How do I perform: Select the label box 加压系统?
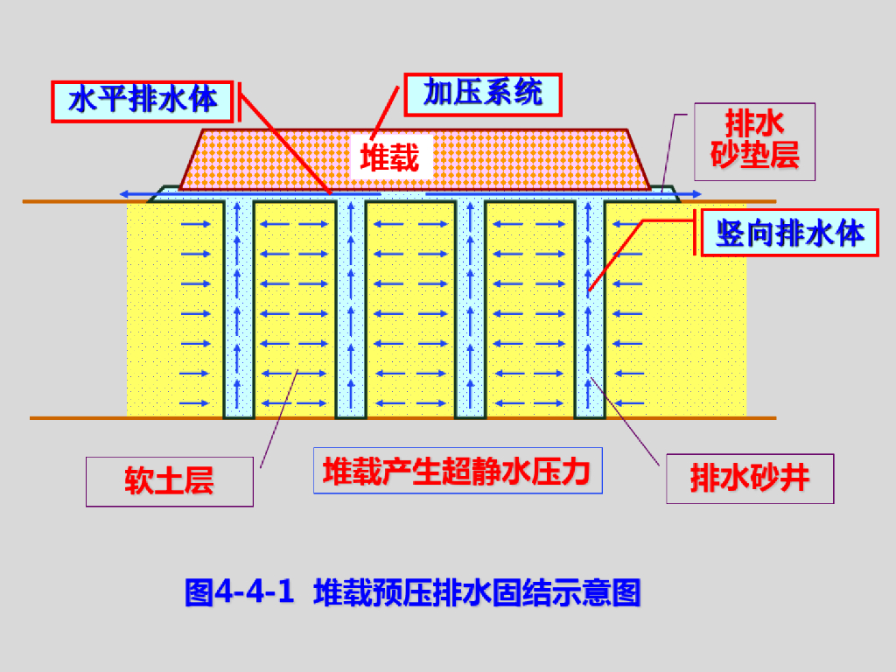tap(482, 94)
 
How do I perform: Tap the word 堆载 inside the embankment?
tap(389, 157)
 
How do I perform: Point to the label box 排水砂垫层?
tap(754, 142)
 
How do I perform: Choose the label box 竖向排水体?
tap(789, 233)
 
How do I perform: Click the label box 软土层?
tap(169, 481)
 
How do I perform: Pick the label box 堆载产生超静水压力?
tap(456, 472)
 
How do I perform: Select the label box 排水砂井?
tap(750, 479)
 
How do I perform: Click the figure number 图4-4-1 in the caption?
tap(239, 592)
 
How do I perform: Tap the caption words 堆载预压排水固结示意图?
tap(478, 592)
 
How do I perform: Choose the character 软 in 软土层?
tap(139, 481)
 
